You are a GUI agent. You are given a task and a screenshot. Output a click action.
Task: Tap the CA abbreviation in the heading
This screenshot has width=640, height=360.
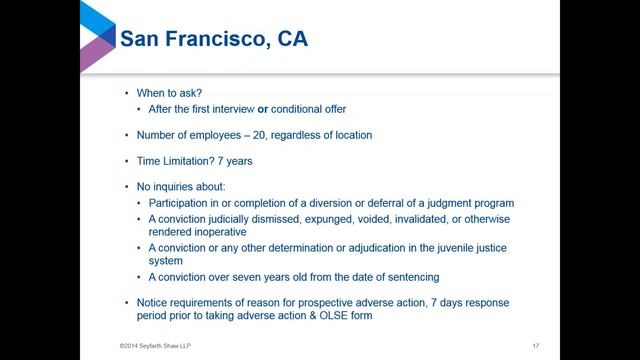pyautogui.click(x=291, y=41)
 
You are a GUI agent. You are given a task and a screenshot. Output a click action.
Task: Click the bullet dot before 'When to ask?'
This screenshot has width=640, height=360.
pyautogui.click(x=125, y=92)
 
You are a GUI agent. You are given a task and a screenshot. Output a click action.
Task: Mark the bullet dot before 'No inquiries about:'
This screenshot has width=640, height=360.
pyautogui.click(x=125, y=187)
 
